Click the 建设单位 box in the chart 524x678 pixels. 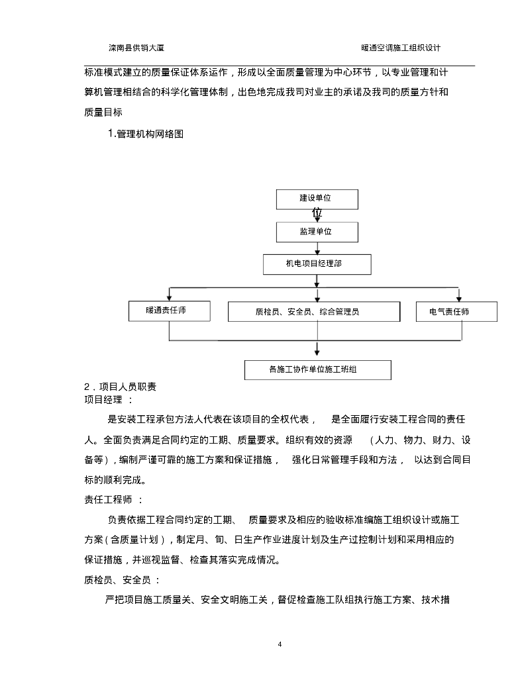[317, 199]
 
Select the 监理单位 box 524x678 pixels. [317, 232]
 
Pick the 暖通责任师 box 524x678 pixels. [170, 311]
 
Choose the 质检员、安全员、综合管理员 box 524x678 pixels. [313, 311]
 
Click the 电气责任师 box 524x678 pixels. [456, 311]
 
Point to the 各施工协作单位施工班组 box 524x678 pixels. [317, 369]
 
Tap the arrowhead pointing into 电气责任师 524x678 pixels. [458, 298]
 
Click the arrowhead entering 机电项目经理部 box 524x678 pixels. [317, 251]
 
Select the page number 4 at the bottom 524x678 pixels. [280, 644]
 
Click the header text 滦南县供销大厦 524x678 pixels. [142, 48]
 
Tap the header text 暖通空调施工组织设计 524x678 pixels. [401, 48]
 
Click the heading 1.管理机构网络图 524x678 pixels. [145, 134]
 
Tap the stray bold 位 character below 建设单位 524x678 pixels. [317, 214]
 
